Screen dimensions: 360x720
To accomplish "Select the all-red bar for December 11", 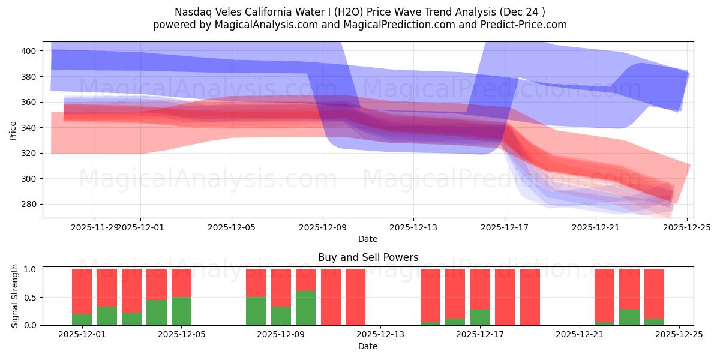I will pos(331,297).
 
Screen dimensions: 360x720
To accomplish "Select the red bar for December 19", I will pos(530,297).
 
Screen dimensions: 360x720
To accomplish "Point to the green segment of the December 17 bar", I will pos(480,317).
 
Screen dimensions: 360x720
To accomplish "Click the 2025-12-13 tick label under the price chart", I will pos(413,227).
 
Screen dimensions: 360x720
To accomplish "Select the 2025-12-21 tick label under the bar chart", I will pos(580,335).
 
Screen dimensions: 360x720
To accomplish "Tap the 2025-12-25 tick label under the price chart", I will pos(686,227).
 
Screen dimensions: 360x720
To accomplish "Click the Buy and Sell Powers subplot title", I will pos(368,257).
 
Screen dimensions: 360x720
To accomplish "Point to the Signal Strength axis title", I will pos(16,296).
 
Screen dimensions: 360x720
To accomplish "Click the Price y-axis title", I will pos(13,130).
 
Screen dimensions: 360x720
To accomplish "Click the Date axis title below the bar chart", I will pos(368,346).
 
